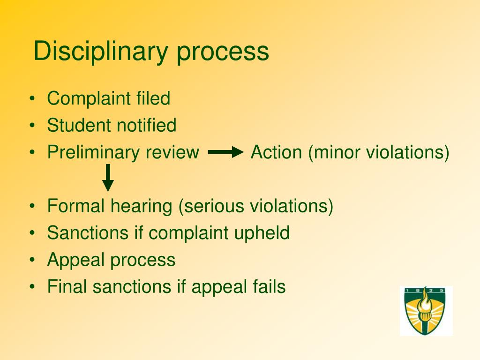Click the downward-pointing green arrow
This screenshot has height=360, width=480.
tap(108, 178)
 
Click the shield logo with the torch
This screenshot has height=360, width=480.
tap(426, 311)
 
